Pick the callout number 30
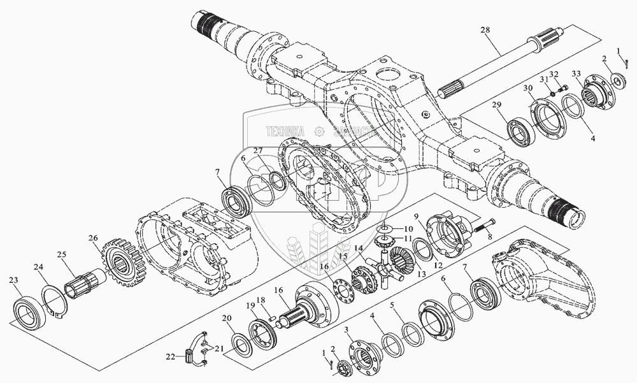(528, 88)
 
